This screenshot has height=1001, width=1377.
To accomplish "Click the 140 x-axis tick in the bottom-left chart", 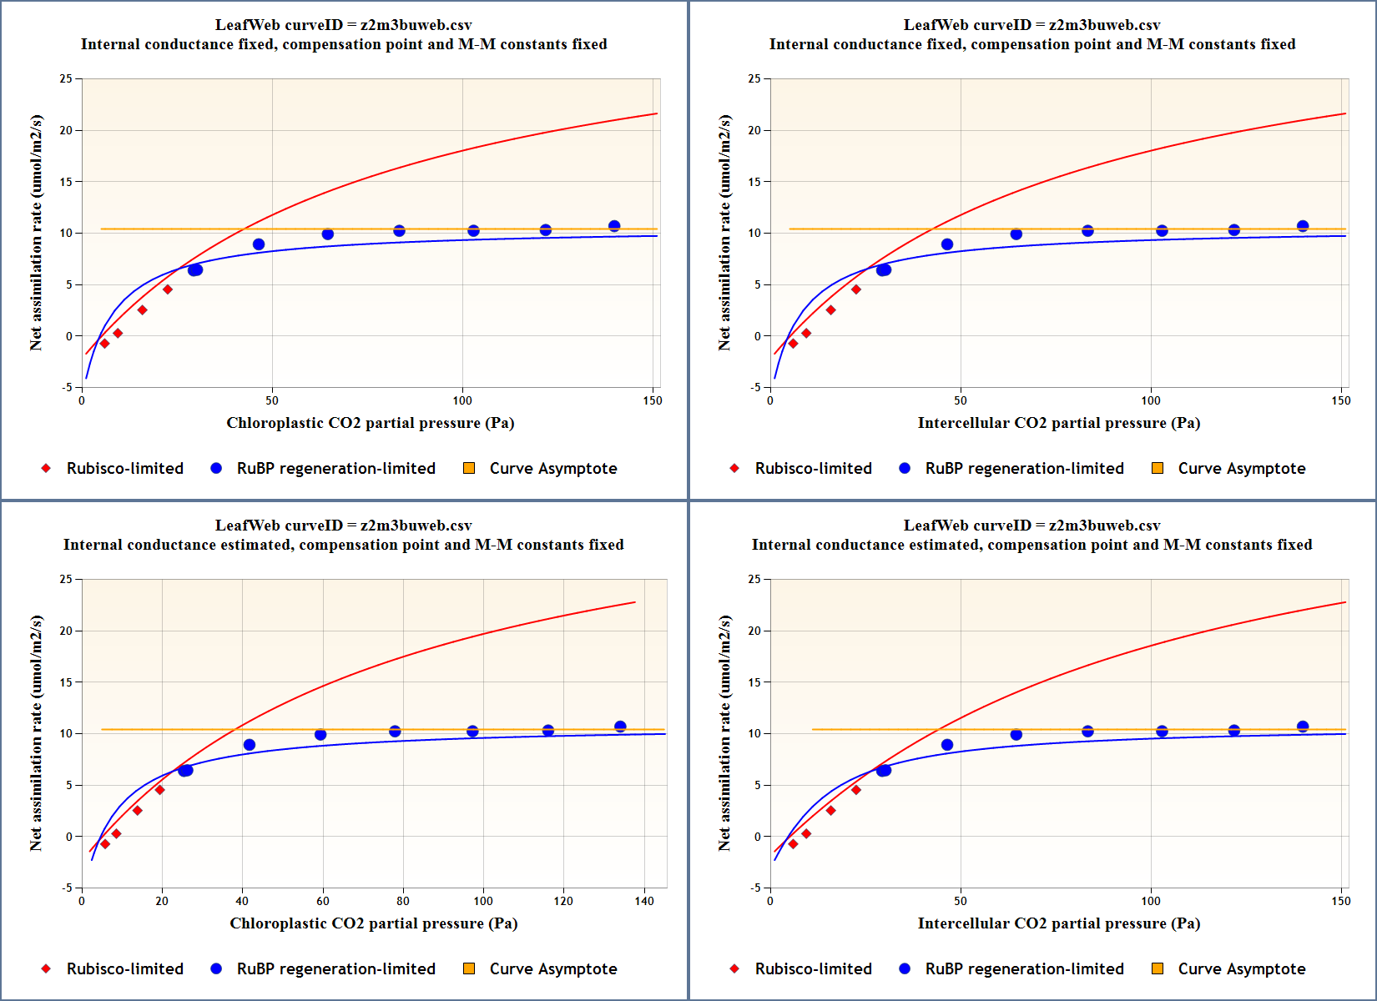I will pos(644,901).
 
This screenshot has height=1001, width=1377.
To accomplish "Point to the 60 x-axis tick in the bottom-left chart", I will pos(323,901).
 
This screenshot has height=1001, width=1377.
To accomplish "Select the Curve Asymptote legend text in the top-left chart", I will pos(553,468).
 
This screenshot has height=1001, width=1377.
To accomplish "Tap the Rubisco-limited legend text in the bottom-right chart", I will pos(813,968).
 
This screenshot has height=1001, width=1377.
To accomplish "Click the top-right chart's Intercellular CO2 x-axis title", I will pos(1058,423).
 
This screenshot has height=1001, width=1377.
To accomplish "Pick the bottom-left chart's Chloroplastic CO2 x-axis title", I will pos(373,923).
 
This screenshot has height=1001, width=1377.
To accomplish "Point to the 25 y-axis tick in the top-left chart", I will pos(66,78).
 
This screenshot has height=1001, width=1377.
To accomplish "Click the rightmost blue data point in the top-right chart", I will pos(1303,226).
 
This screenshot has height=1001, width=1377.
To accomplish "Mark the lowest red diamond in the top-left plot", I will pos(104,344).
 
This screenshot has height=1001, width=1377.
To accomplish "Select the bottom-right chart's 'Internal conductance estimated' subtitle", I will pos(1031,545).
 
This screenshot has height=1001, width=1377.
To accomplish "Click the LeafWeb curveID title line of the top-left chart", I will pos(343,25).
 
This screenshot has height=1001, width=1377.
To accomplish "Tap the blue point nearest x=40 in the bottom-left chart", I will pos(249,745).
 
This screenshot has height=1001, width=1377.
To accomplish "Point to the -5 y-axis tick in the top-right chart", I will pos(754,387).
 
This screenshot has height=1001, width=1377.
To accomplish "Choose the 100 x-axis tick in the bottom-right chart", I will pos(1151,901).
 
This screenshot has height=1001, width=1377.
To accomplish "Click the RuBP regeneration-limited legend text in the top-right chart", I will pos(1024,468).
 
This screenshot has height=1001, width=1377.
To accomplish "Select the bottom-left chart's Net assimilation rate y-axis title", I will pos(36,733).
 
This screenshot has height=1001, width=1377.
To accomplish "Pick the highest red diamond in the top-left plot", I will pos(168,289).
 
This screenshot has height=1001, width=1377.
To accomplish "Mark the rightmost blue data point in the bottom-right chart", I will pos(1303,727).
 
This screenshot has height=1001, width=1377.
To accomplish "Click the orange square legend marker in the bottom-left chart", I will pos(469,968).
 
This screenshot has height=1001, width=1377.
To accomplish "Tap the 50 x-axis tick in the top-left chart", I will pos(272,400).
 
